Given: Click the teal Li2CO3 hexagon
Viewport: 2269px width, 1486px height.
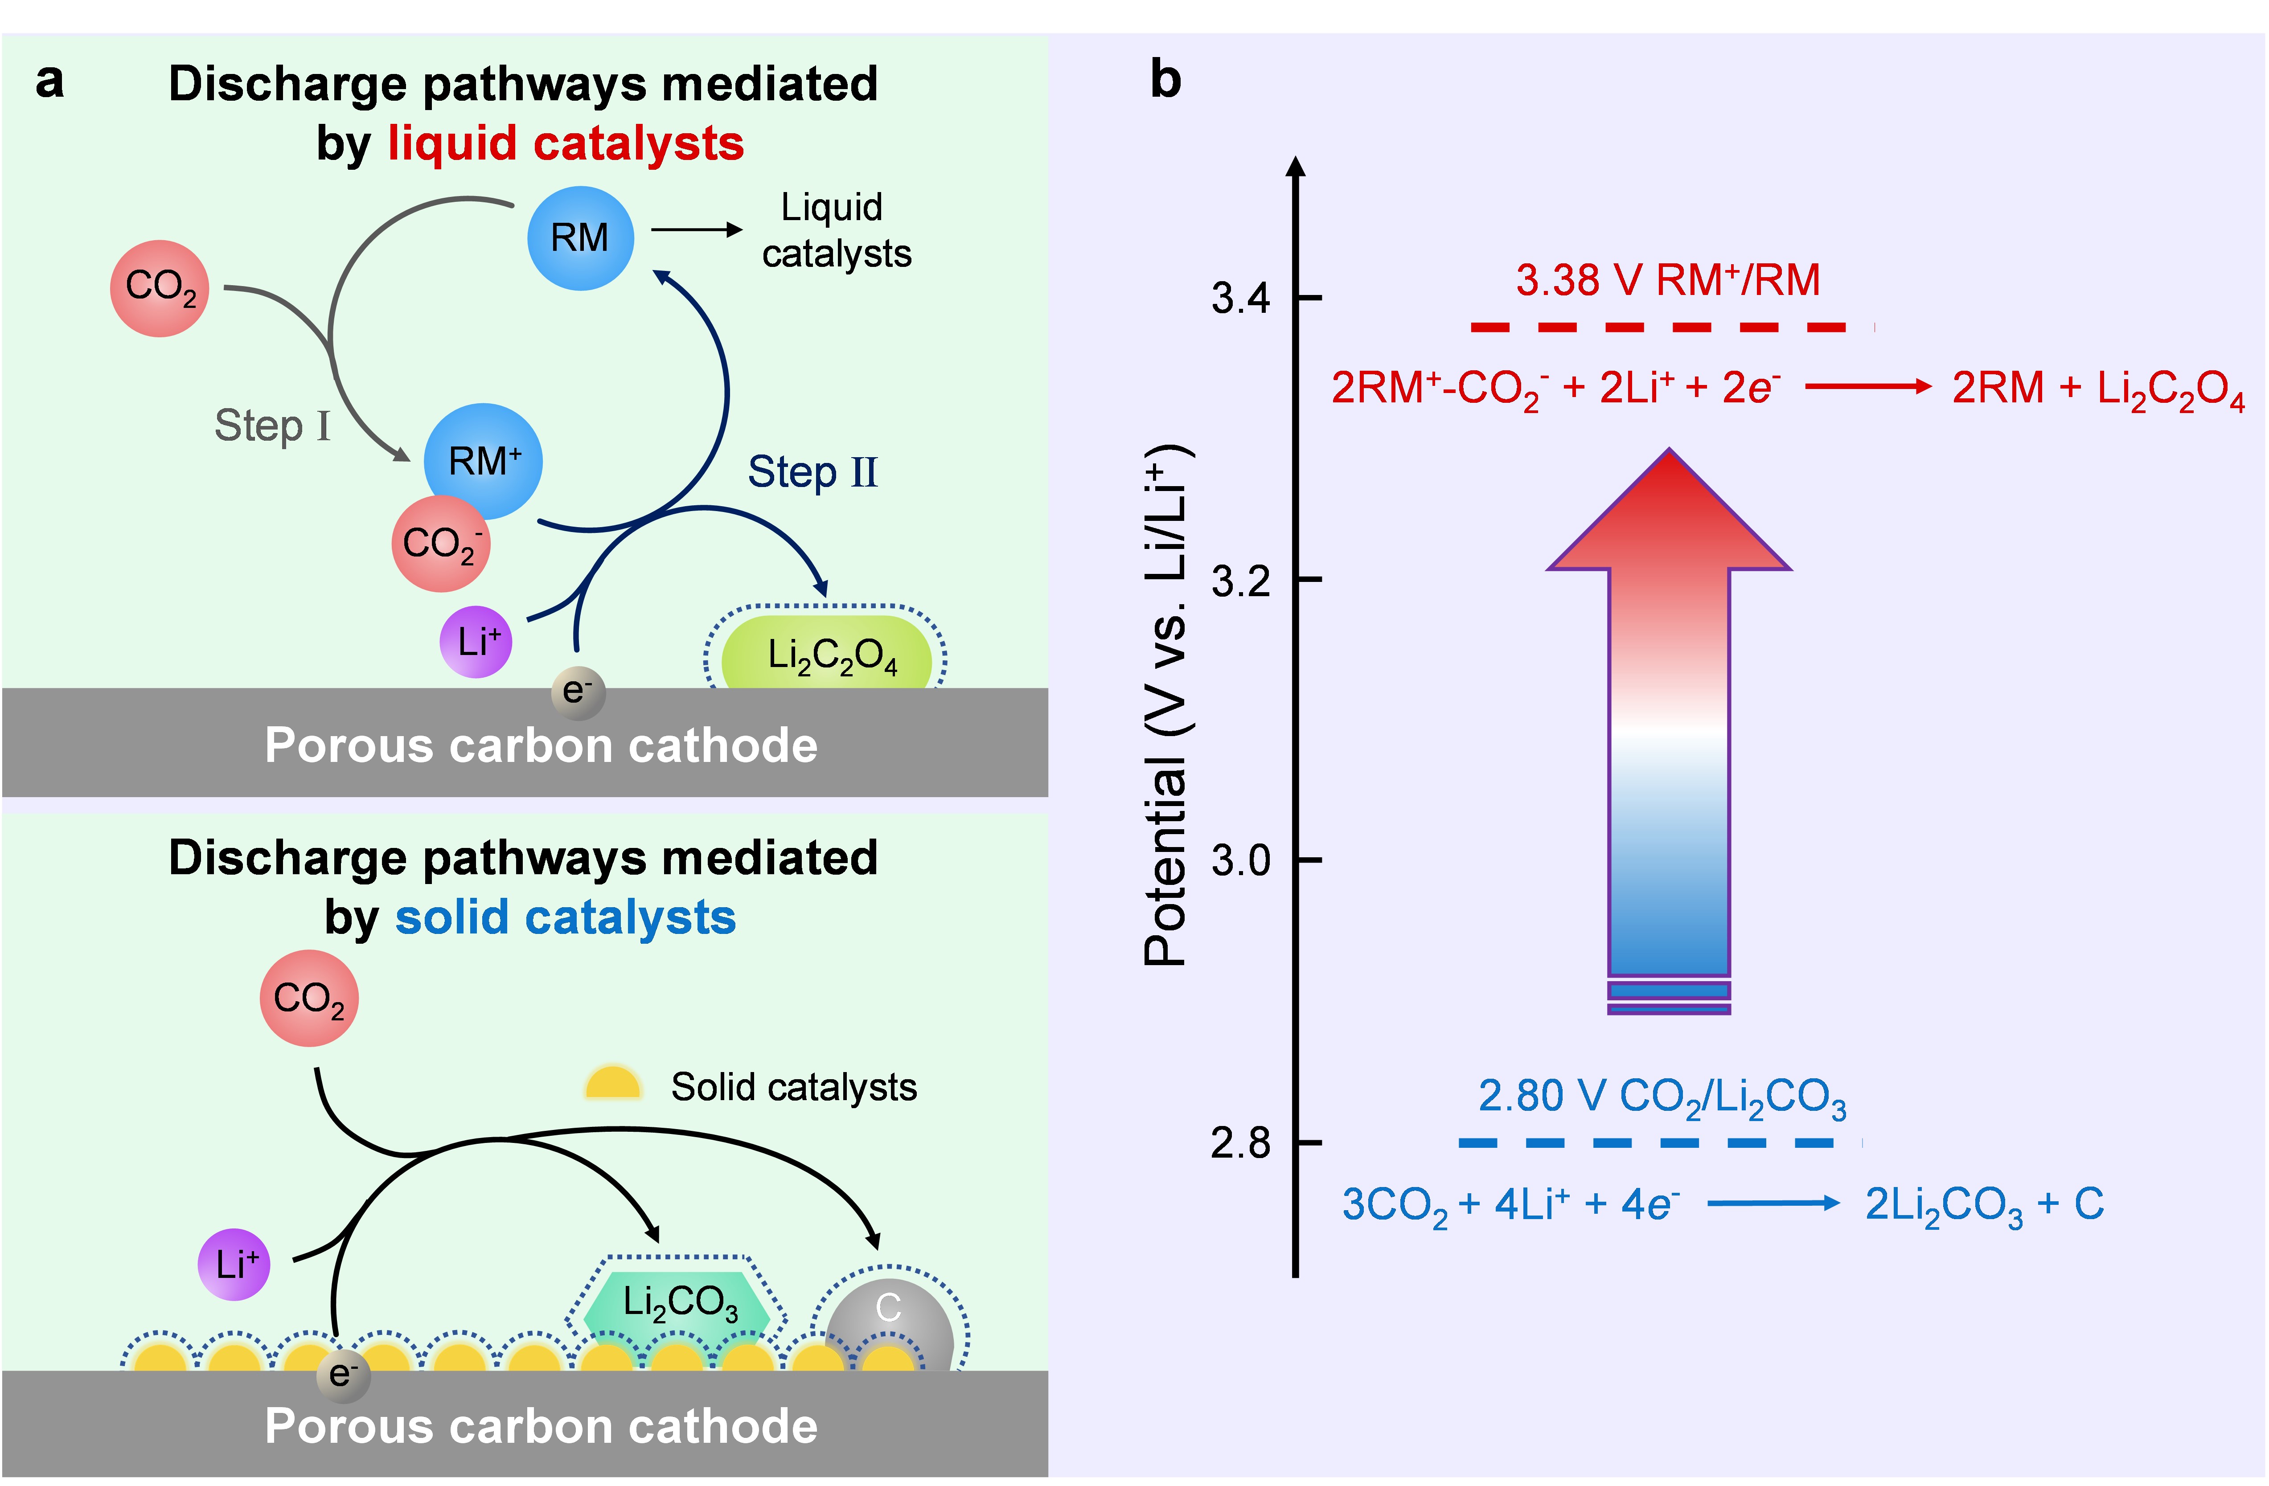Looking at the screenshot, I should [679, 1302].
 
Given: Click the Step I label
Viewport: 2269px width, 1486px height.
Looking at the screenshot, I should [272, 426].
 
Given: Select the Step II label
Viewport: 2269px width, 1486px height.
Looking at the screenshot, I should [812, 472].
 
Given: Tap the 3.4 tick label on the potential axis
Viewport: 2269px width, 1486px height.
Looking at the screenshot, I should [1240, 299].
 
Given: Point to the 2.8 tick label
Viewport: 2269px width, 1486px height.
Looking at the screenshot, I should [1240, 1142].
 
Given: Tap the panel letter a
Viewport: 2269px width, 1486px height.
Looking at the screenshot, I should [49, 82].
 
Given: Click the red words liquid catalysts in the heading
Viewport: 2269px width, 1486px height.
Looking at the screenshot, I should [565, 144].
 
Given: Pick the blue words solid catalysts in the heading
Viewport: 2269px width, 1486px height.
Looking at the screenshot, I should [565, 918].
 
